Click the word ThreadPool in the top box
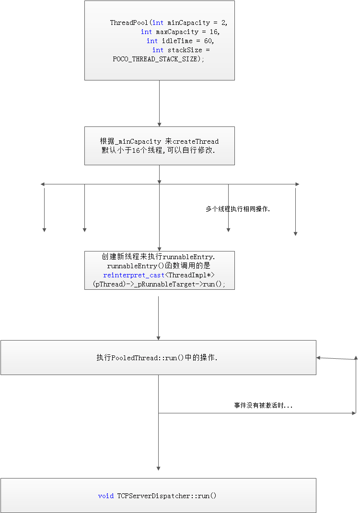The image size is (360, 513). tap(129, 23)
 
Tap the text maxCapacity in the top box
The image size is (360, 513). tap(177, 32)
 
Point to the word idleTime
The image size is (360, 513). tap(177, 41)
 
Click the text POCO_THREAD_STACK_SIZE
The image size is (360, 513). tap(155, 59)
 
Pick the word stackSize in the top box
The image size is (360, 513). tap(185, 50)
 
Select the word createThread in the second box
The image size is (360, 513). tap(196, 141)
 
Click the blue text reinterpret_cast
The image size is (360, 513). tap(134, 275)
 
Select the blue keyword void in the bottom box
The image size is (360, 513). tap(106, 496)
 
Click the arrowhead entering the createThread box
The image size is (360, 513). tap(159, 125)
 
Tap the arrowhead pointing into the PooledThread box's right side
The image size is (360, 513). tap(318, 358)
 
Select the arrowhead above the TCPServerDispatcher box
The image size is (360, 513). tap(158, 468)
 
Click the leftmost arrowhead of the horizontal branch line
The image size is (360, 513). tap(43, 184)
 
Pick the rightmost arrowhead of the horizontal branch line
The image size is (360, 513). tap(297, 184)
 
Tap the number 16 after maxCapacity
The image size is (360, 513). tap(213, 32)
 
